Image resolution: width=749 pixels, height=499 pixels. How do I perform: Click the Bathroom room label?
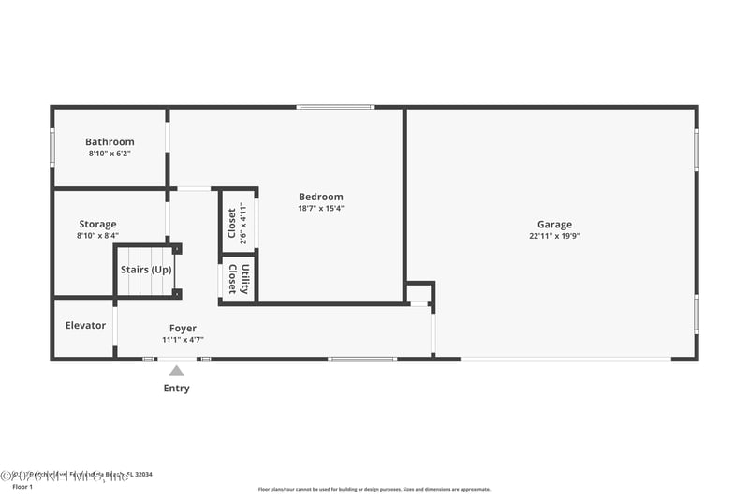pyautogui.click(x=110, y=142)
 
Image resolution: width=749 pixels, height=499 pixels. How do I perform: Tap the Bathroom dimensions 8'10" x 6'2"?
pyautogui.click(x=110, y=154)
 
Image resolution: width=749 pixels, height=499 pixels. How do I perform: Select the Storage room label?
pyautogui.click(x=97, y=225)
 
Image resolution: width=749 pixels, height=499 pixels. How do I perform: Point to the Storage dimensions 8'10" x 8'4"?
pyautogui.click(x=97, y=236)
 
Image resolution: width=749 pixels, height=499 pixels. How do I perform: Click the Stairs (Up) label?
pyautogui.click(x=146, y=270)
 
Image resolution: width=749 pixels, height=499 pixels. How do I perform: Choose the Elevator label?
pyautogui.click(x=85, y=326)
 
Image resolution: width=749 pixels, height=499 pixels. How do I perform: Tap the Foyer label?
pyautogui.click(x=183, y=329)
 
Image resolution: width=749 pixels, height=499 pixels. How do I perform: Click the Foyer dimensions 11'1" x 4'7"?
pyautogui.click(x=183, y=340)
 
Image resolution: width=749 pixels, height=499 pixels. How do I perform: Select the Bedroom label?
pyautogui.click(x=320, y=197)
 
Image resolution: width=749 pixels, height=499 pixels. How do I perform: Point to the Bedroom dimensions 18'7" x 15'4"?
pyautogui.click(x=320, y=208)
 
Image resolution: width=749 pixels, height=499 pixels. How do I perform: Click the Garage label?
pyautogui.click(x=554, y=225)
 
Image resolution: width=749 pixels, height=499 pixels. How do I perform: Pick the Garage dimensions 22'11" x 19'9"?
pyautogui.click(x=554, y=236)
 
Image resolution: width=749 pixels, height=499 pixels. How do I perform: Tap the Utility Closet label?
pyautogui.click(x=239, y=279)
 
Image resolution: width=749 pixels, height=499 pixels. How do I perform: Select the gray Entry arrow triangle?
pyautogui.click(x=176, y=371)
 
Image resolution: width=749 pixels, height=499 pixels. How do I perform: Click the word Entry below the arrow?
pyautogui.click(x=176, y=389)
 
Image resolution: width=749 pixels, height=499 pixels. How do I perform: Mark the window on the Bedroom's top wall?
pyautogui.click(x=335, y=107)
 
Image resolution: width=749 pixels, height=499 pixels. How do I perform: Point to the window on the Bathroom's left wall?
pyautogui.click(x=52, y=147)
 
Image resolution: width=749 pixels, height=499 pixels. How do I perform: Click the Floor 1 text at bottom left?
pyautogui.click(x=22, y=487)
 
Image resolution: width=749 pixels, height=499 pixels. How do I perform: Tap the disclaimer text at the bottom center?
pyautogui.click(x=374, y=489)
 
